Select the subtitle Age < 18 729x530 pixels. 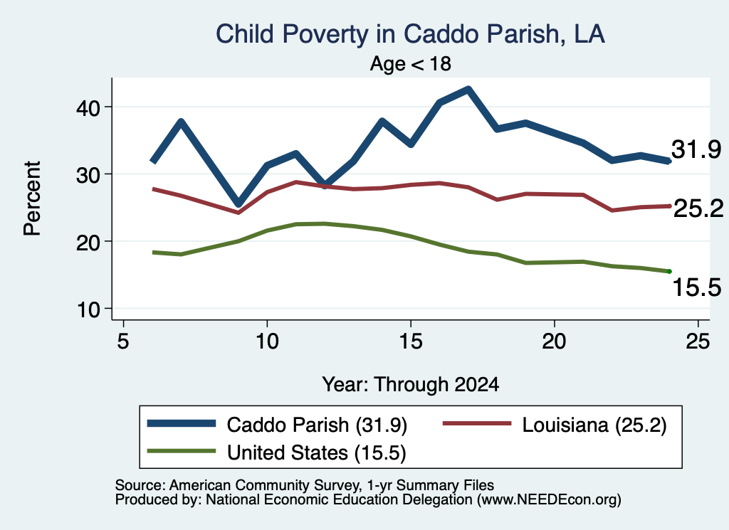[411, 63]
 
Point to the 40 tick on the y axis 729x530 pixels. [88, 107]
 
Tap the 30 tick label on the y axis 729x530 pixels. [88, 175]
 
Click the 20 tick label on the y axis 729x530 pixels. [88, 242]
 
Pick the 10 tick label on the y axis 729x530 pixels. [88, 309]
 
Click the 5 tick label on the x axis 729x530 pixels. [122, 341]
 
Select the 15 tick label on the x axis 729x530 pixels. [411, 341]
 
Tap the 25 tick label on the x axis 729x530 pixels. [698, 341]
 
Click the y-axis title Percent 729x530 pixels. [33, 198]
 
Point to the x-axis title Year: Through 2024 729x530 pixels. [411, 385]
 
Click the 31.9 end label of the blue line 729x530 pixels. [696, 149]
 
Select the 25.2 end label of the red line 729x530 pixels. [698, 208]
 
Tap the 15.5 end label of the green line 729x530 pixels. [697, 287]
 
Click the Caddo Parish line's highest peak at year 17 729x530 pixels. [468, 89]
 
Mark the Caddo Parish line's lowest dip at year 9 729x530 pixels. [238, 203]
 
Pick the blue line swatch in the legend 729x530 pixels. [182, 423]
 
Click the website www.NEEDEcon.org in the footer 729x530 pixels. [548, 500]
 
